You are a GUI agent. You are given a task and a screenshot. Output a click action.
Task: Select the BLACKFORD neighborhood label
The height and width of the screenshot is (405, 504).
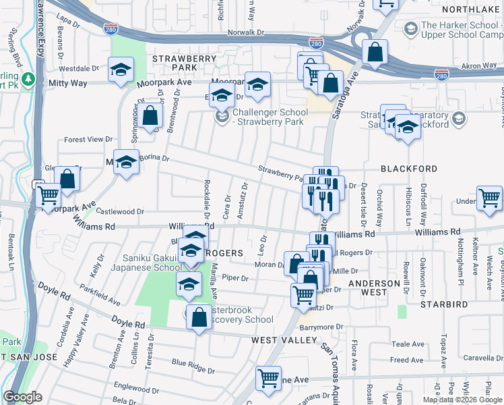(409, 169)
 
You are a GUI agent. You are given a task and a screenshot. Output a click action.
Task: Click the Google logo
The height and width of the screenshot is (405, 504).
(22, 397)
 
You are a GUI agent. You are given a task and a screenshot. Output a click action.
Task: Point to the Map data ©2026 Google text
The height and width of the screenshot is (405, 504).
(462, 400)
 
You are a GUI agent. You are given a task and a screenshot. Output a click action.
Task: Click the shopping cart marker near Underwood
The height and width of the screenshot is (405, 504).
(489, 198)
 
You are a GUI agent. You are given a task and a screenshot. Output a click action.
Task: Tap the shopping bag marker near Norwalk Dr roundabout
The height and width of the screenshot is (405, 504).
(375, 51)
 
